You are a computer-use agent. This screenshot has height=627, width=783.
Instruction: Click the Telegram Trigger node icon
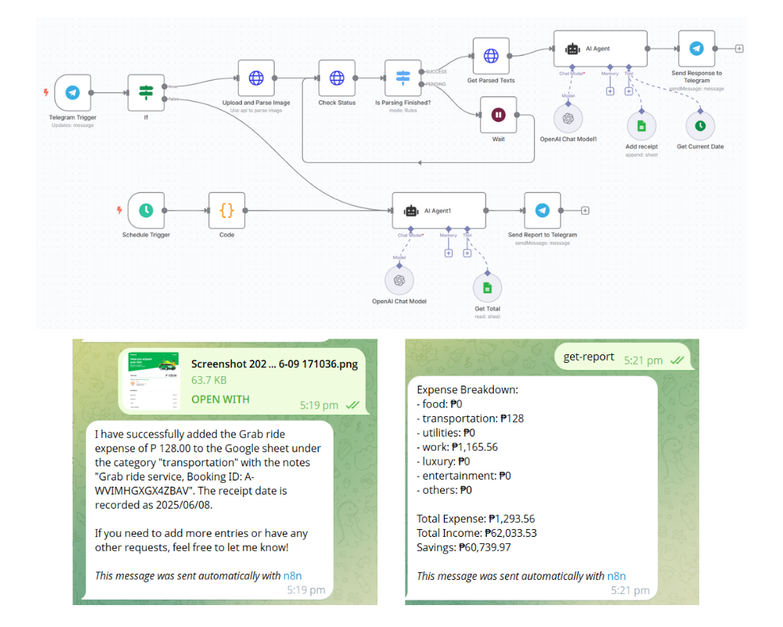pos(73,92)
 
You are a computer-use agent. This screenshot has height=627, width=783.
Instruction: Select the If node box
pos(146,92)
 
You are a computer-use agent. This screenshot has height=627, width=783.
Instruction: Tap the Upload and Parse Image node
pos(256,78)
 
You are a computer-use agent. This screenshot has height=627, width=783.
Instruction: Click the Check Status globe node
pos(337,78)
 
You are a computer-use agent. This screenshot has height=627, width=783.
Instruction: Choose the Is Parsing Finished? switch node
pos(403,78)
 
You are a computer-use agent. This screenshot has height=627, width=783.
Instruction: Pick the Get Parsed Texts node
pos(491,56)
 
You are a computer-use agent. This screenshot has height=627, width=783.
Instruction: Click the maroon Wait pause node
pos(498,114)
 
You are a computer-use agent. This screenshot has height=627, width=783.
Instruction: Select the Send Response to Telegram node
pos(696,49)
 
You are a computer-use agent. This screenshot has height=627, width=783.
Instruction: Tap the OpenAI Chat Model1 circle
pos(568,118)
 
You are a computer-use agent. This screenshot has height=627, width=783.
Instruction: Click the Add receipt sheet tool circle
pos(641,125)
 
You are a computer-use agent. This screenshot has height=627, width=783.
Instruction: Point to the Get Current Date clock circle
pos(700,125)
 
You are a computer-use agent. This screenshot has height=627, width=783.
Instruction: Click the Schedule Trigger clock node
pos(146,210)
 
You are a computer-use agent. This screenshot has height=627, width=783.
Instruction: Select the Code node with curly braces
pos(226,210)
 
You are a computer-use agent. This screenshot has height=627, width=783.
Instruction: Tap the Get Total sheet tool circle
pos(487,288)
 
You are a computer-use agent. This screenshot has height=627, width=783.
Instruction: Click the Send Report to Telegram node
pos(542,210)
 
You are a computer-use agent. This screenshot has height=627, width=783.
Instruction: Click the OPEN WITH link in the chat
pos(220,399)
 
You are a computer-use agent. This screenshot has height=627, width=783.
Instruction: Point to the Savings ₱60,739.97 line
pos(464,547)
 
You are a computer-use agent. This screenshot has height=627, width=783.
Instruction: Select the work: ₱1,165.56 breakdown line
pos(457,447)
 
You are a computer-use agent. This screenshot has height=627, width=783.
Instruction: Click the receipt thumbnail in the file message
pos(152,381)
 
